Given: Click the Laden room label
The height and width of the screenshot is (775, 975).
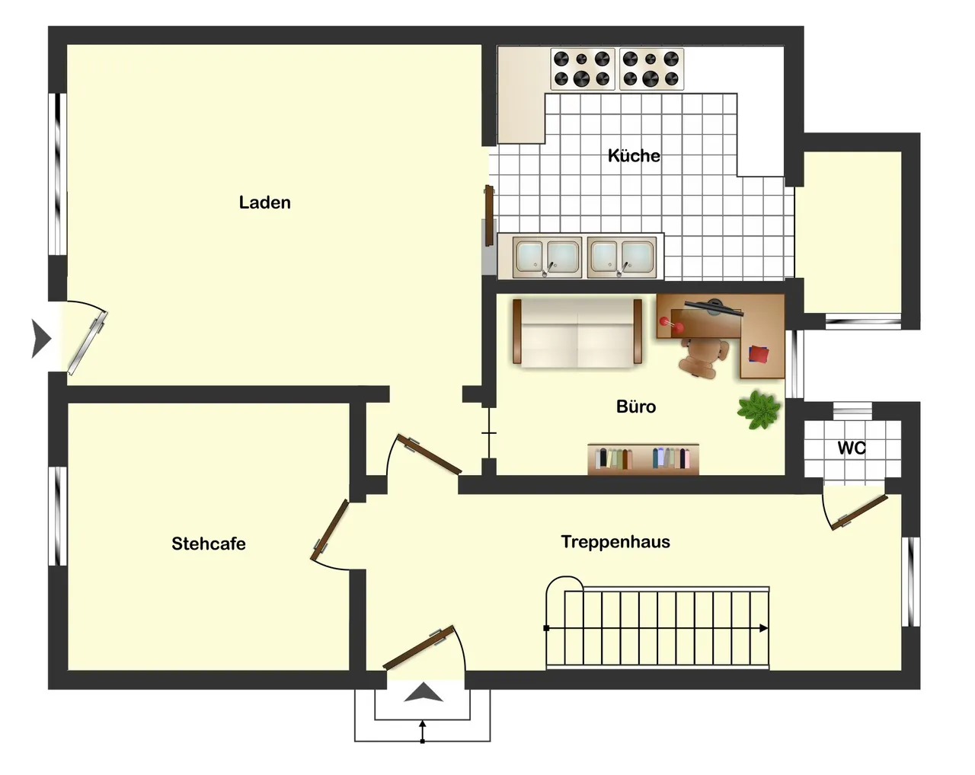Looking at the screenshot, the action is click(264, 203).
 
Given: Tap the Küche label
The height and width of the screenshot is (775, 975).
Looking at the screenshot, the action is click(634, 155).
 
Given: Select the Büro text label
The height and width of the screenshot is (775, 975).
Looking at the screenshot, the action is click(635, 407).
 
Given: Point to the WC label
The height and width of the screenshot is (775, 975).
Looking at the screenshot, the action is click(852, 448).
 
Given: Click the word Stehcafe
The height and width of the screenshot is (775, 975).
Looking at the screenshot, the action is click(209, 544).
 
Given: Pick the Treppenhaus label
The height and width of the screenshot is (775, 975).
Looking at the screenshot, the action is click(615, 542).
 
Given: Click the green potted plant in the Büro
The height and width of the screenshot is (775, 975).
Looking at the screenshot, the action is click(759, 410).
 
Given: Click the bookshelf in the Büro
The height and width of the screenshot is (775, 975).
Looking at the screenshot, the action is click(643, 459).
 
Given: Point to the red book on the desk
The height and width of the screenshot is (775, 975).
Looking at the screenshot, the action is click(759, 354).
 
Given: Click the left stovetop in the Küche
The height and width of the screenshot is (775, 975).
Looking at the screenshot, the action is click(582, 69).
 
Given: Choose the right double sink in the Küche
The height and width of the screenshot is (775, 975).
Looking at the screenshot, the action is click(622, 257).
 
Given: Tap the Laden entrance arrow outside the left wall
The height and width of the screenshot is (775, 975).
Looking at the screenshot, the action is click(41, 338).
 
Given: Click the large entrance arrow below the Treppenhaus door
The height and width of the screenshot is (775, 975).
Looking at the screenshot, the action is click(424, 692).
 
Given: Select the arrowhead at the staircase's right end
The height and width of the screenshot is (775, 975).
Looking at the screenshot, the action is click(764, 628).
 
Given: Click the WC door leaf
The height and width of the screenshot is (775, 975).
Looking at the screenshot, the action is click(859, 512).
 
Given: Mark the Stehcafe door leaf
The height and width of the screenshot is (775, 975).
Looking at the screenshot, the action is click(329, 530).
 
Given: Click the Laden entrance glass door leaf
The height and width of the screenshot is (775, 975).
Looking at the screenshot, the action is click(88, 343).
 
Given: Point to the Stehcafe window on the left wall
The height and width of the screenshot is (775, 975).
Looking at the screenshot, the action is click(58, 516).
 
